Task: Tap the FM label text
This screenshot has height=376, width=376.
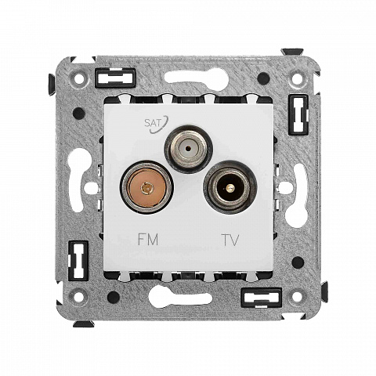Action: pyautogui.click(x=148, y=240)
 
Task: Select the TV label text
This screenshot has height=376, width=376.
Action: pyautogui.click(x=230, y=240)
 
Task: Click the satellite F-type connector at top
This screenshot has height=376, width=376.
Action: pyautogui.click(x=188, y=149)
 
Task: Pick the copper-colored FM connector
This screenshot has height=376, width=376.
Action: pyautogui.click(x=147, y=187)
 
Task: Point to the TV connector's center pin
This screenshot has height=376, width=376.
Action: pyautogui.click(x=229, y=187)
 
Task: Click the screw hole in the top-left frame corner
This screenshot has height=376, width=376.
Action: pyautogui.click(x=78, y=78)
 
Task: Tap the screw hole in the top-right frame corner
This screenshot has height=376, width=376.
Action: pyautogui.click(x=297, y=78)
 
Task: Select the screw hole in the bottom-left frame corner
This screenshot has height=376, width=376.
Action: pyautogui.click(x=78, y=296)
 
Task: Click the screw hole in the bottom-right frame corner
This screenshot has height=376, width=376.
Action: pyautogui.click(x=297, y=296)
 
